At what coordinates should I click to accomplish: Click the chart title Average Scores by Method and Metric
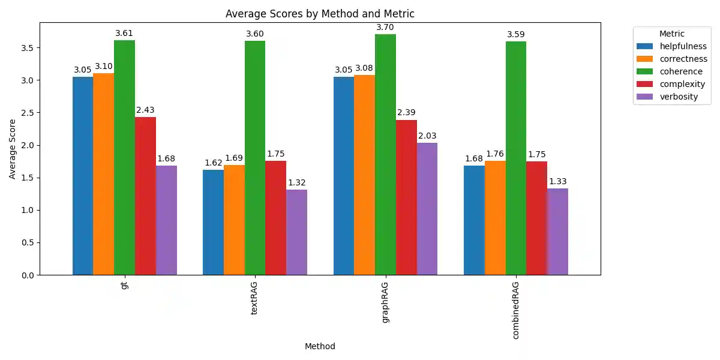320,14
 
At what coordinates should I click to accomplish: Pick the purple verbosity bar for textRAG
296,232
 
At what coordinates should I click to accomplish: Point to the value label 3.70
385,28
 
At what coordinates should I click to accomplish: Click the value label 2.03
427,136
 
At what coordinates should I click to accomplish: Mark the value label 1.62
213,163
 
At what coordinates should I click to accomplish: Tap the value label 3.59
515,35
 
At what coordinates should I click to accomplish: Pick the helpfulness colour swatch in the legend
646,46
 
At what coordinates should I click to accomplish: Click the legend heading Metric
671,34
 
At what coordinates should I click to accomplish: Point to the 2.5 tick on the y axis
28,113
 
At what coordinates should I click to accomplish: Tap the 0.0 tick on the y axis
28,275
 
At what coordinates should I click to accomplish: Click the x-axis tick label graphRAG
385,302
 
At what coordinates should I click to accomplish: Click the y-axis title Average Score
13,149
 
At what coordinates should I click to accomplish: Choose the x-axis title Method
320,347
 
